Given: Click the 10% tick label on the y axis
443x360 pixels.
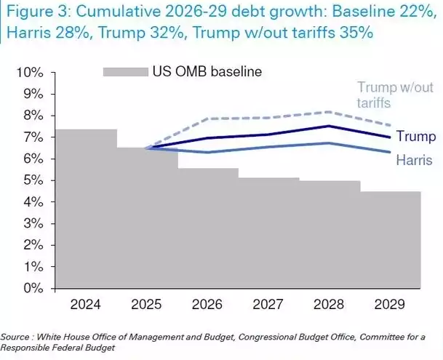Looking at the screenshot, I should click(x=32, y=73).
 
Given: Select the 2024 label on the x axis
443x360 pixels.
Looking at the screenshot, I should click(x=86, y=304).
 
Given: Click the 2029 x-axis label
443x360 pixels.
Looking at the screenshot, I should click(x=391, y=304).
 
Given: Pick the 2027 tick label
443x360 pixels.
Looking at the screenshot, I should click(x=268, y=304).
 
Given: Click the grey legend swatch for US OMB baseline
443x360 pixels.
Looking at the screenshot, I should click(x=125, y=71).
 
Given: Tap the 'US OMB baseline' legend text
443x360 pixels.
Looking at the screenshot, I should click(x=207, y=71).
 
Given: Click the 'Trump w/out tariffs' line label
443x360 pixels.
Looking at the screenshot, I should click(x=384, y=95).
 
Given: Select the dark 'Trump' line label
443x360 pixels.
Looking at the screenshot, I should click(x=417, y=137).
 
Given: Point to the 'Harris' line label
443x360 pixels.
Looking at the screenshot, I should click(x=416, y=159).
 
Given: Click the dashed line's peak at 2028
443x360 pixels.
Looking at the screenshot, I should click(x=330, y=112).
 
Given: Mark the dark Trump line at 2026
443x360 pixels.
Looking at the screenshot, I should click(x=208, y=138).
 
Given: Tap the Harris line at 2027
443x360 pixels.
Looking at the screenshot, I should click(x=268, y=147).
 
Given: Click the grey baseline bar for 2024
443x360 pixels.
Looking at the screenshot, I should click(x=86, y=211).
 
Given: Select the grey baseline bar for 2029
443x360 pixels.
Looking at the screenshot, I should click(x=391, y=240).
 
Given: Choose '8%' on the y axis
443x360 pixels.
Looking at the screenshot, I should click(x=35, y=116).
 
